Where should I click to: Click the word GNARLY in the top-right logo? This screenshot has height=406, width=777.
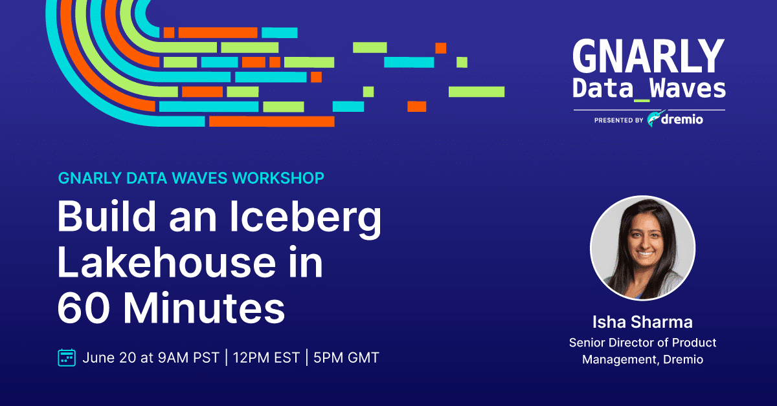click(x=649, y=56)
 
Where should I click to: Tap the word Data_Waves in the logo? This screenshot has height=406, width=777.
click(x=649, y=89)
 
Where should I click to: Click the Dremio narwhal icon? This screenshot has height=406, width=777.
click(x=655, y=119)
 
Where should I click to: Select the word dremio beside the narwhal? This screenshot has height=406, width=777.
click(x=682, y=120)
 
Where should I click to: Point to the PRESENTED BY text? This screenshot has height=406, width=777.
click(x=619, y=120)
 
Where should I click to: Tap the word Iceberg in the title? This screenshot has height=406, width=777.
click(x=306, y=218)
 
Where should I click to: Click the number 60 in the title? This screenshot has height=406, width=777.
click(x=84, y=308)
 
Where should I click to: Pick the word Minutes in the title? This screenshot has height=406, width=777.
click(x=204, y=308)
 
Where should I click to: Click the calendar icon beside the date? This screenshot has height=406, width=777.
click(x=67, y=358)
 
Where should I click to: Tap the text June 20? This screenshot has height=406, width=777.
click(x=109, y=358)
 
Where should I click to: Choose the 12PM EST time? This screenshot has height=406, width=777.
click(x=266, y=358)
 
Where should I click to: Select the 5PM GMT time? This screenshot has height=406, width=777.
click(x=346, y=358)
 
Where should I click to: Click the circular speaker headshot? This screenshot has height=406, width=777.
click(x=643, y=248)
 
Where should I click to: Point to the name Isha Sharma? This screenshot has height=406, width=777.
click(x=642, y=322)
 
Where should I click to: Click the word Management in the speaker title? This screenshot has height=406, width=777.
click(x=621, y=359)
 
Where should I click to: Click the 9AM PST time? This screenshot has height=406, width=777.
click(x=188, y=358)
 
